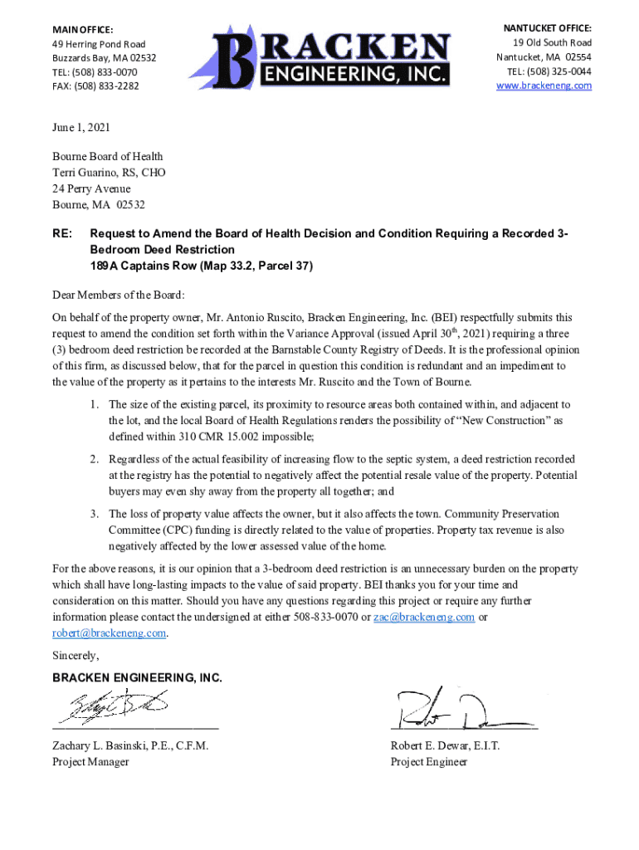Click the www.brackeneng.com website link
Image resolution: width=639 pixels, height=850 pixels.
coord(544,85)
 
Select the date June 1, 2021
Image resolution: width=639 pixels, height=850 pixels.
coord(81,128)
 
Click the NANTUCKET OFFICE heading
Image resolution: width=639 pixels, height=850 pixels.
coord(548,28)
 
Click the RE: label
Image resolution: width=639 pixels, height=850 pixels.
coord(62,233)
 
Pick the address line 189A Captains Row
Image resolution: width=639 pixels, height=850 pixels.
coord(201,266)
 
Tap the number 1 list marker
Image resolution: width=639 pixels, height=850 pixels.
coord(96,404)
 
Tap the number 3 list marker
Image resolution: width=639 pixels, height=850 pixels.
coord(96,514)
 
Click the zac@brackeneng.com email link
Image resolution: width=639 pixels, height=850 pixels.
coord(424,617)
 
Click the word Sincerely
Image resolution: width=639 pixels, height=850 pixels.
coord(76,656)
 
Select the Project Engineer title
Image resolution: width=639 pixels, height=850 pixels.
coord(428,761)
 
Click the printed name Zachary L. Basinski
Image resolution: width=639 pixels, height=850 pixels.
coord(130,745)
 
